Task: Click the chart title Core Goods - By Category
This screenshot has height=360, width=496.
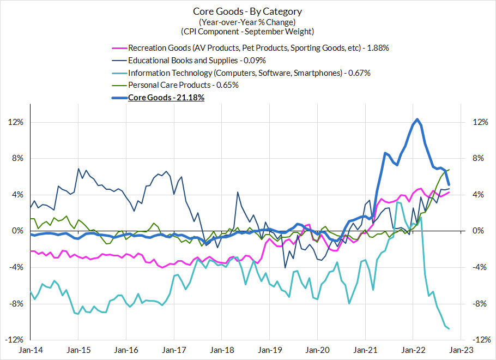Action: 247,11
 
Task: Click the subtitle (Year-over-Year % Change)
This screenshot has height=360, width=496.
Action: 247,22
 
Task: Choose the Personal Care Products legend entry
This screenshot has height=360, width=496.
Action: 183,85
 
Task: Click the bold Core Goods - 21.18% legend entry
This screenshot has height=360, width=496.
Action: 166,98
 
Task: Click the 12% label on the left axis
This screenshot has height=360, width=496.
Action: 16,122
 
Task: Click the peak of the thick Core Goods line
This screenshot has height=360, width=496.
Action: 417,119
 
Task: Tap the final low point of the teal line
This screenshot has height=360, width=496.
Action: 449,329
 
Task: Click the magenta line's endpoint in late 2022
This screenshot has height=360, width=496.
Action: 449,192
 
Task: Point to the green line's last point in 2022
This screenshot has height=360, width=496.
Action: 449,170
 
